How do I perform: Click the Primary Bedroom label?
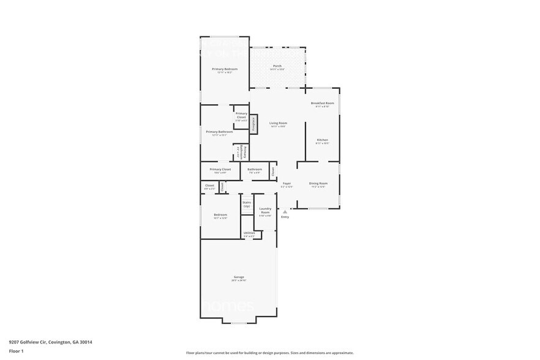pyautogui.click(x=225, y=69)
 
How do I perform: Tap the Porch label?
pyautogui.click(x=277, y=66)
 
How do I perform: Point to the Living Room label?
pyautogui.click(x=278, y=123)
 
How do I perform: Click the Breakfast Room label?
pyautogui.click(x=322, y=103)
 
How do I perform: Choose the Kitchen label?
pyautogui.click(x=322, y=140)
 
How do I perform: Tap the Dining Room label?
pyautogui.click(x=318, y=184)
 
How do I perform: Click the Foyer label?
pyautogui.click(x=287, y=184)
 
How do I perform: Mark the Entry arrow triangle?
pyautogui.click(x=285, y=211)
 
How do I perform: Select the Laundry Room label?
pyautogui.click(x=265, y=211)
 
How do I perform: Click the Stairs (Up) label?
pyautogui.click(x=247, y=204)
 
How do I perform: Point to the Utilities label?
pyautogui.click(x=249, y=233)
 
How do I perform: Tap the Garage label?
pyautogui.click(x=239, y=277)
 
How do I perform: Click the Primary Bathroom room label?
pyautogui.click(x=219, y=132)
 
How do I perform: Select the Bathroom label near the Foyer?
pyautogui.click(x=255, y=170)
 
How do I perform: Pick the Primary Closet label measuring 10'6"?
pyautogui.click(x=220, y=170)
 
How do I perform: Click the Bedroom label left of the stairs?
pyautogui.click(x=220, y=215)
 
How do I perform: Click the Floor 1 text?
pyautogui.click(x=16, y=351)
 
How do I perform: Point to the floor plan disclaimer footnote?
pyautogui.click(x=269, y=353)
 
